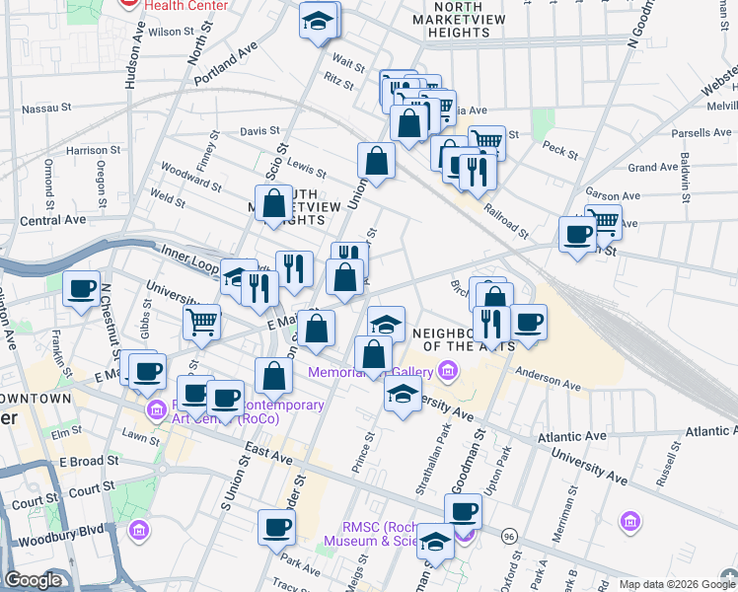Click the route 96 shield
tap(508, 536)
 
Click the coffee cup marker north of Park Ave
tap(276, 526)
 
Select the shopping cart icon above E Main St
tap(201, 320)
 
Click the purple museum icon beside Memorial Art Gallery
tap(448, 371)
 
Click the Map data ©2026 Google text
tap(676, 584)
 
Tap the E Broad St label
tap(88, 461)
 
